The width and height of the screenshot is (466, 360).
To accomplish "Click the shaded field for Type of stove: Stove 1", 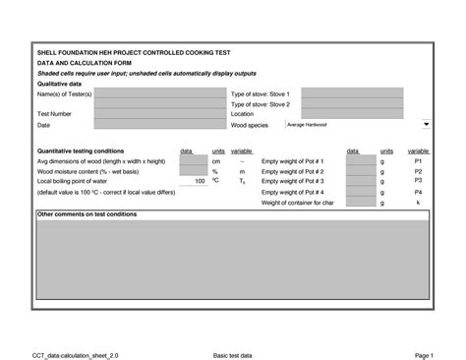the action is (x=351, y=93).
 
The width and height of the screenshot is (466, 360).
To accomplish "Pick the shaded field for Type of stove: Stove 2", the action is (x=351, y=104).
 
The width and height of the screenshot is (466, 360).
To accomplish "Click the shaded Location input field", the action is (x=351, y=115).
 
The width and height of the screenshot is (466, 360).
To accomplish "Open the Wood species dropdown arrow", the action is (x=426, y=125).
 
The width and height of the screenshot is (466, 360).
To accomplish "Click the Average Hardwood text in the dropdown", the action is (x=308, y=125).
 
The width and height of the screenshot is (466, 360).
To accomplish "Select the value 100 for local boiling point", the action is (x=200, y=181).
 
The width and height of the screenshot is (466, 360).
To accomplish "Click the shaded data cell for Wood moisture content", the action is (x=193, y=171).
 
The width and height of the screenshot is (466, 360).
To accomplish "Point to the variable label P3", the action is (x=418, y=181).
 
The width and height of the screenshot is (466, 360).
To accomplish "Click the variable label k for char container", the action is (x=418, y=203).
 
